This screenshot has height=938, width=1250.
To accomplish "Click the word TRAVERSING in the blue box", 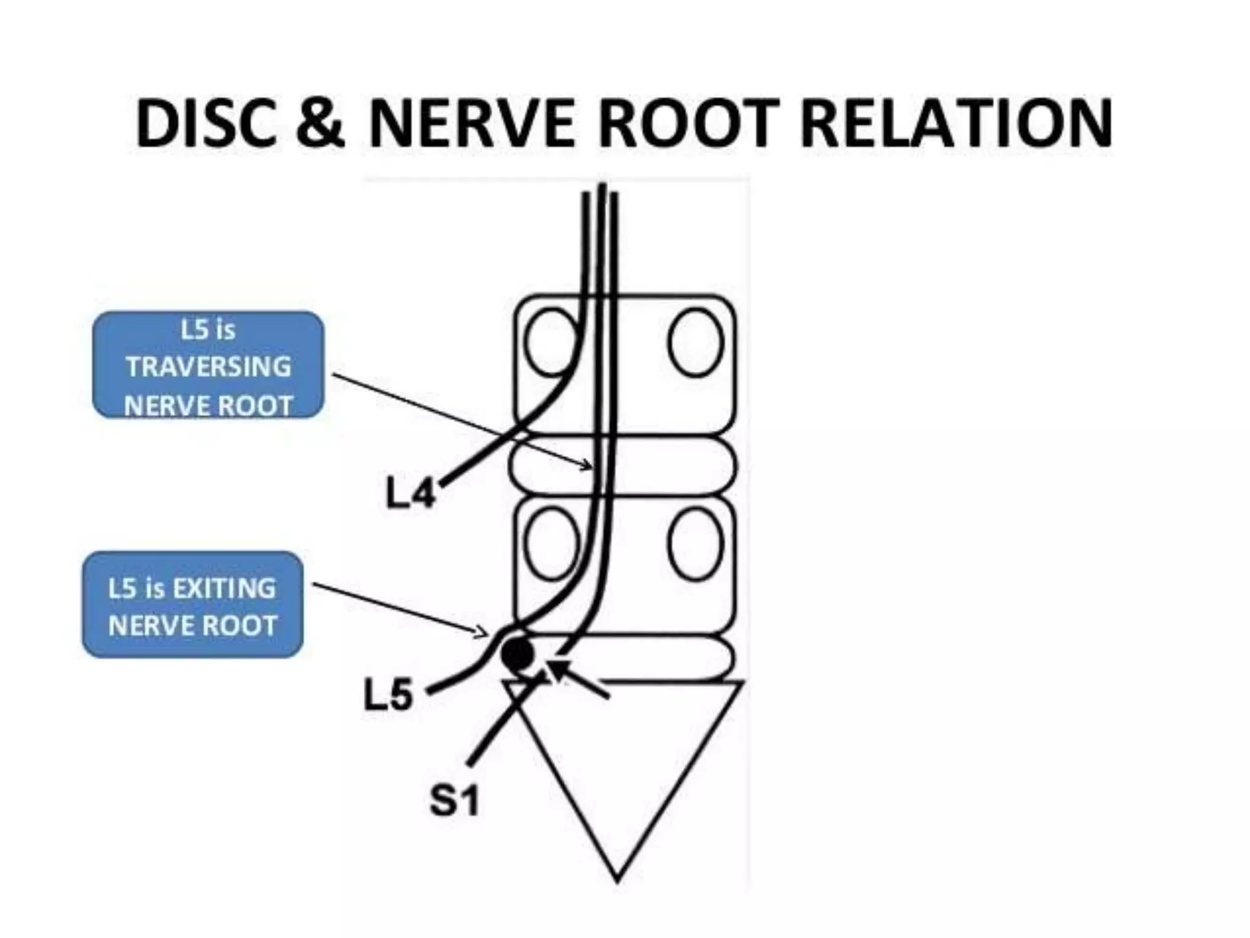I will (208, 367).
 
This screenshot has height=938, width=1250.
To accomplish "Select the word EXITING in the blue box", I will (224, 589).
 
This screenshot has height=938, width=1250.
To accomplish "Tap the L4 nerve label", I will (411, 493).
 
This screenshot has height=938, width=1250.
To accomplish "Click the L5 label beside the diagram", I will (388, 696).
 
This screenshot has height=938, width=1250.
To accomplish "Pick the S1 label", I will (454, 801).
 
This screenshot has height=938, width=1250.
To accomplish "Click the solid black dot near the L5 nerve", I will (518, 654).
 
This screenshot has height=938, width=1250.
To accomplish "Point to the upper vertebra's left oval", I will (551, 342).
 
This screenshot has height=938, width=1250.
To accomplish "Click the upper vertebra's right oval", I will (696, 342).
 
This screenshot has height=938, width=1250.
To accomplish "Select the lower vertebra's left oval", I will (551, 544).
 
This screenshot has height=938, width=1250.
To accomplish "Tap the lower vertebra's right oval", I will (696, 544).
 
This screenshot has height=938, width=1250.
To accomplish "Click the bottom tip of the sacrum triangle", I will (617, 879).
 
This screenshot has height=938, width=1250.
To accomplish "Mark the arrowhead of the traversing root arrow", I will (589, 467).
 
